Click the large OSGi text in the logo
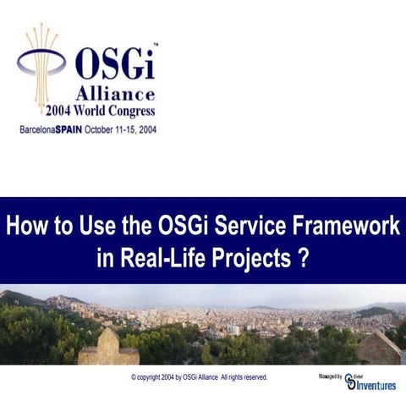pos(116,63)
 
